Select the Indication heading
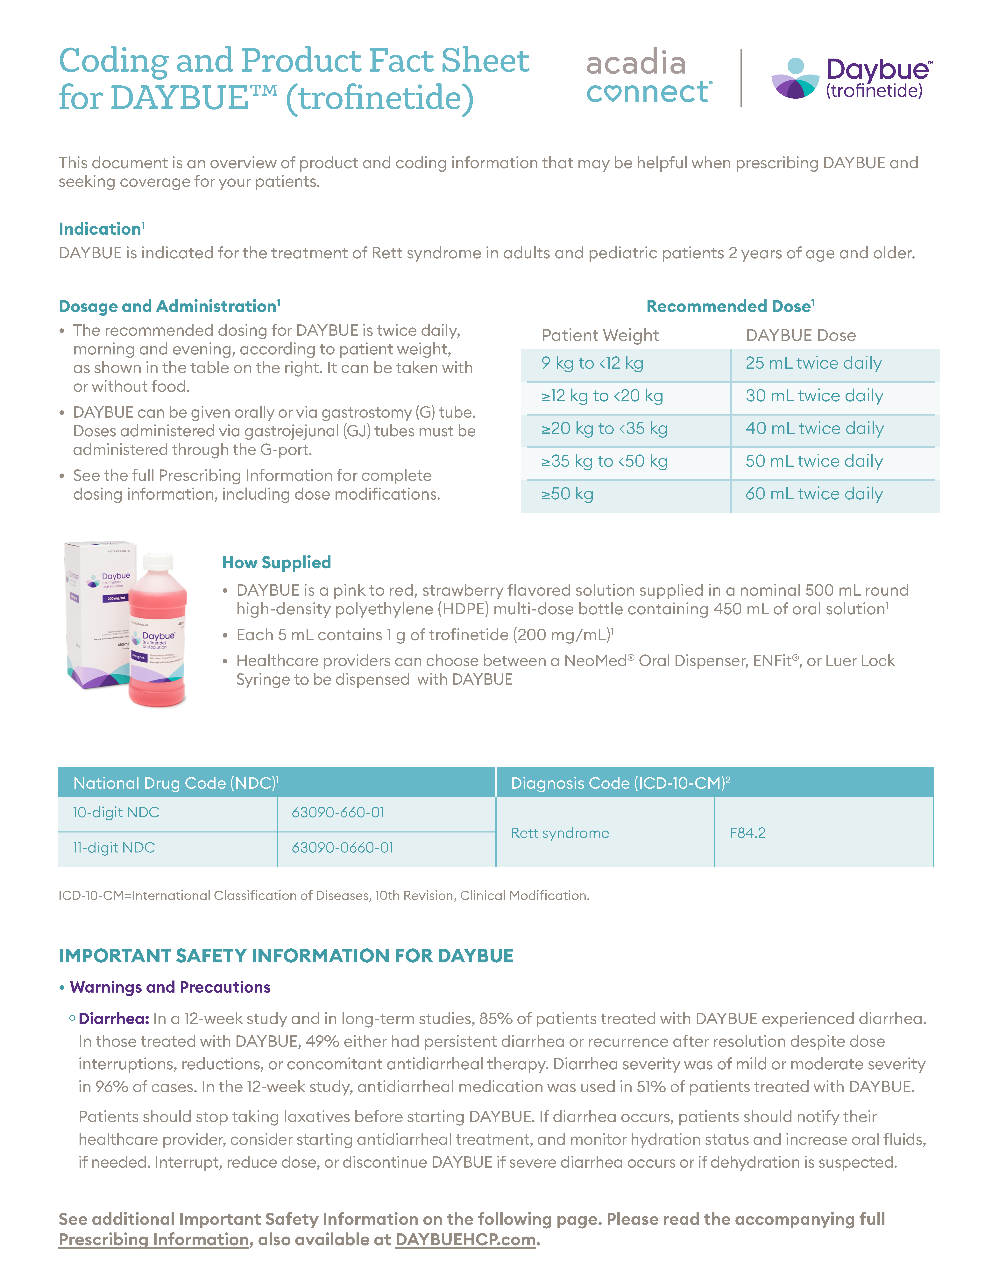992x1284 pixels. pos(101,229)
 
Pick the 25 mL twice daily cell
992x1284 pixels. pos(813,363)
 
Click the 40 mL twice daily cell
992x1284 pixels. pos(815,429)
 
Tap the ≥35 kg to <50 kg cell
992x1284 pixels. pos(604,461)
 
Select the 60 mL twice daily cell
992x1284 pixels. pos(814,494)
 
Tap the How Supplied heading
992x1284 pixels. pos(276,563)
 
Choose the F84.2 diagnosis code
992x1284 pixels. pos(748,833)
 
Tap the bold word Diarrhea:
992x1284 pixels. pos(114,1019)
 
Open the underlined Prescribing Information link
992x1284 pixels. pos(154,1240)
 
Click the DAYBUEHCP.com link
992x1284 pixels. pos(465,1240)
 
